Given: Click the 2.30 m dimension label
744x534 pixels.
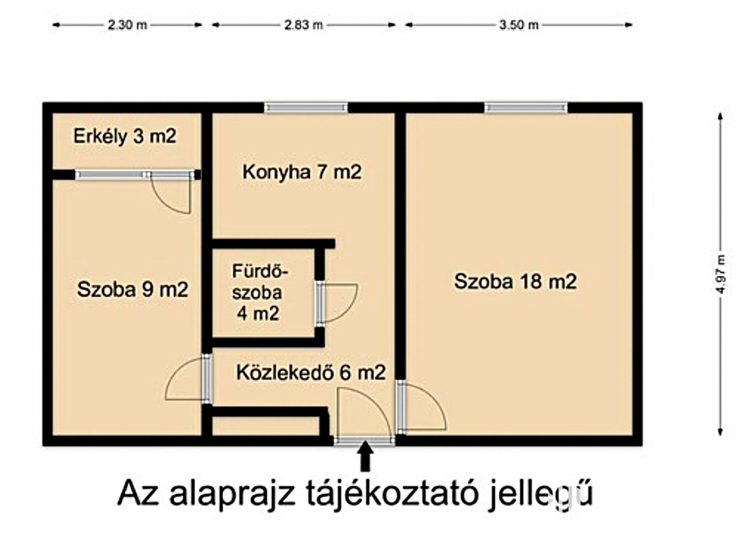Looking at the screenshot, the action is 127,25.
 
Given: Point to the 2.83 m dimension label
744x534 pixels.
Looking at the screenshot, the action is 303,25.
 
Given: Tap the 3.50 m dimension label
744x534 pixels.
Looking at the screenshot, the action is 519,25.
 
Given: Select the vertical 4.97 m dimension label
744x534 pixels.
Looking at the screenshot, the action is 721,274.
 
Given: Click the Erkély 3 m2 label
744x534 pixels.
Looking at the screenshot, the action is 125,136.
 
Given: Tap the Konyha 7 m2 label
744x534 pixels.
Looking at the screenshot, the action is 302,172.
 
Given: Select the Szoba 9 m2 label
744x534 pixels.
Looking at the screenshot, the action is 133,289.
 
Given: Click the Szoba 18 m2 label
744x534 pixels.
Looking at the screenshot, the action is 515,281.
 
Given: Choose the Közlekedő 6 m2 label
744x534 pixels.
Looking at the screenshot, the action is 311,372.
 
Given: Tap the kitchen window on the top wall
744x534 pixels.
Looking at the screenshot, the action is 306,108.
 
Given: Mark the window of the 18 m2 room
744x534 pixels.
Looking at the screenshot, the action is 526,108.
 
